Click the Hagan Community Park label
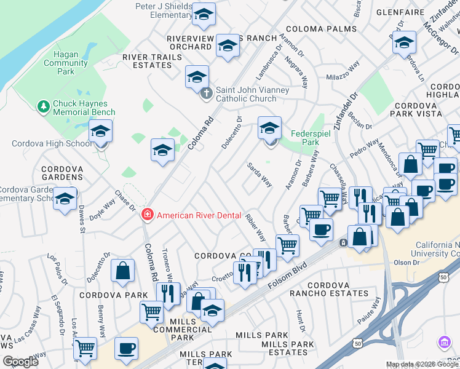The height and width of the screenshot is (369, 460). click(x=66, y=63)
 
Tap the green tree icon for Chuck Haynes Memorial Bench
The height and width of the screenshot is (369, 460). click(x=44, y=108)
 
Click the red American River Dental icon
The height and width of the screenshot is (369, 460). click(x=148, y=215)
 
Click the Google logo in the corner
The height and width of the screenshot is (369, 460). click(x=21, y=362)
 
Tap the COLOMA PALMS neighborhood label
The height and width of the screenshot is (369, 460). click(x=321, y=29)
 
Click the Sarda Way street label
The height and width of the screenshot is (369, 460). click(x=260, y=174)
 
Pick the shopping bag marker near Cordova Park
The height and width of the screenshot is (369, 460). click(x=123, y=270)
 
